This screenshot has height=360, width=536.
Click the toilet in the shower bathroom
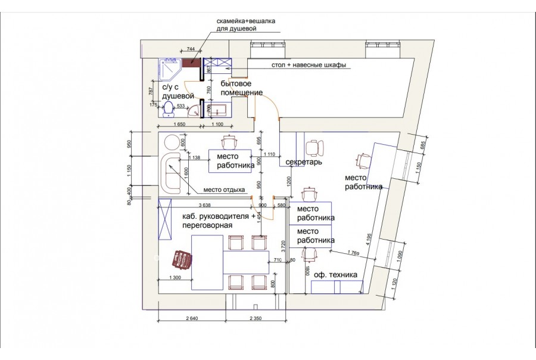pos(169,108)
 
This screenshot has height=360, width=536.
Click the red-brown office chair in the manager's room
pos(182,260)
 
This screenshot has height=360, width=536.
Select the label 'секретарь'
pos(304,162)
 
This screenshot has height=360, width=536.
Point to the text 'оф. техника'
pos(335,275)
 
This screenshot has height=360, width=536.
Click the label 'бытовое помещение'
pos(242,88)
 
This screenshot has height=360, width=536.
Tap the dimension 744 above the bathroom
pos(191,48)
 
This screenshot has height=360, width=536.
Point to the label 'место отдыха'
pos(224,190)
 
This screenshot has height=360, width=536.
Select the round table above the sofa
pos(172,142)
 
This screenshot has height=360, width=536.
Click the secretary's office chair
pos(313,147)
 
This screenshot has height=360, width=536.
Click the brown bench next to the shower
pos(191,63)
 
